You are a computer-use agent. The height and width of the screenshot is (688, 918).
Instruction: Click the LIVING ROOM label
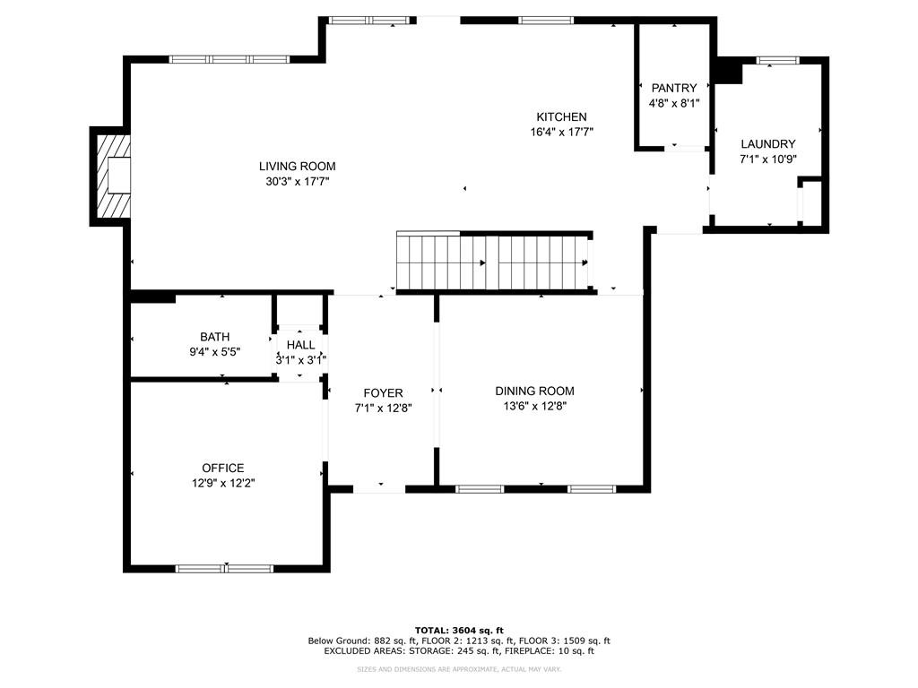tap(297, 166)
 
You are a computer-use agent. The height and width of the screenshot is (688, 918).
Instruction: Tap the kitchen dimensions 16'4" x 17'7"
tap(561, 132)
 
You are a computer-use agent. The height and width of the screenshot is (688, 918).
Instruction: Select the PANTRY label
tap(673, 88)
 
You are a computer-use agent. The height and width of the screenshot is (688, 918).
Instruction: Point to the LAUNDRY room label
tap(767, 144)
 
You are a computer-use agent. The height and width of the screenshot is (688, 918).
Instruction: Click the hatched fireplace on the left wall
tap(113, 176)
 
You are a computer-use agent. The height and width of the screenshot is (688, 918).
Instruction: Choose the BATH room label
tap(214, 337)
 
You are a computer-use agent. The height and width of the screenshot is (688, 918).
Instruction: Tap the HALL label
tap(300, 345)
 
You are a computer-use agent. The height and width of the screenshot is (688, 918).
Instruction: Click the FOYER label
tap(383, 393)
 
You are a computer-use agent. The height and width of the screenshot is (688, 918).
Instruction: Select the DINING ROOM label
tap(534, 391)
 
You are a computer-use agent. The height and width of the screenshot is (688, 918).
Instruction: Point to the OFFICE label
tap(222, 468)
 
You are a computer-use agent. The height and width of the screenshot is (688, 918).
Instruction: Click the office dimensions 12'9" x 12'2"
tap(222, 483)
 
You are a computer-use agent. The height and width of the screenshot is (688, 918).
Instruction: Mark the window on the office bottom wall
tap(224, 568)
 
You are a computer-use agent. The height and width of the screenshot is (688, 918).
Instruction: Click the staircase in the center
tap(493, 262)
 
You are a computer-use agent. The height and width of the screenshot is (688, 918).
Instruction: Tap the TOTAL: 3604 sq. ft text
tap(458, 630)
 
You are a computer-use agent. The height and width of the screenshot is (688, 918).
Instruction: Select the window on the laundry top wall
tap(776, 61)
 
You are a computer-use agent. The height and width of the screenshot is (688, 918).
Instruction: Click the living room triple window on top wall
tap(229, 60)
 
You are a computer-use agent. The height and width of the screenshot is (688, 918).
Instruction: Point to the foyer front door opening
tap(378, 489)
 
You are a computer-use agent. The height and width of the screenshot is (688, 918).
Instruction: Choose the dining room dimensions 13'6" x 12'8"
tap(534, 406)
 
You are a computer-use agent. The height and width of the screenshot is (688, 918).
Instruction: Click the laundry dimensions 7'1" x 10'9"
tap(767, 159)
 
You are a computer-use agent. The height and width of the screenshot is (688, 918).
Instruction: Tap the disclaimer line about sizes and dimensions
tap(458, 669)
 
